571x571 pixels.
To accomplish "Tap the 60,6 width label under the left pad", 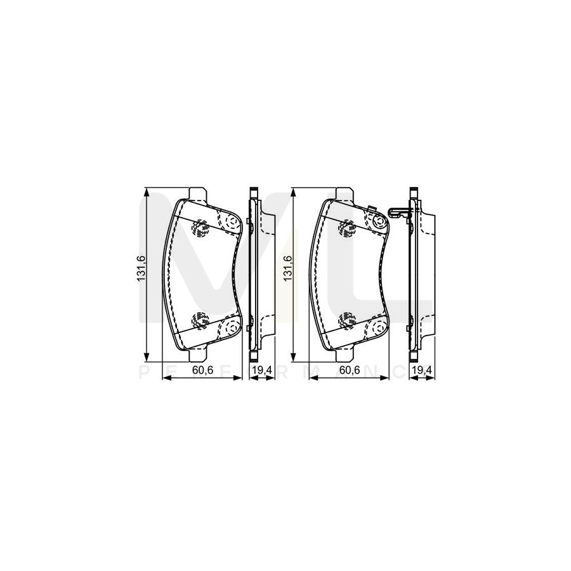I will coord(202,371).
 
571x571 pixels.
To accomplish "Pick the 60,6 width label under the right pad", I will coord(348,371).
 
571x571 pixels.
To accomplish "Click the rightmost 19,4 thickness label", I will coord(422,371).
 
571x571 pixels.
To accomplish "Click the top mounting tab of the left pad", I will coord(198,194).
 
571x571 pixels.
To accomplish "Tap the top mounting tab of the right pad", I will coord(344,194).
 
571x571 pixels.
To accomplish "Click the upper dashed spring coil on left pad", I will coord(201,226).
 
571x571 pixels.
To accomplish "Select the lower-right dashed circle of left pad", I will coord(231,327).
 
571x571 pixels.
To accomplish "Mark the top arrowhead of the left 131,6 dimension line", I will coord(147,191).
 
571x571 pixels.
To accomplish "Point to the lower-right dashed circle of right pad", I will coord(379,327).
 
